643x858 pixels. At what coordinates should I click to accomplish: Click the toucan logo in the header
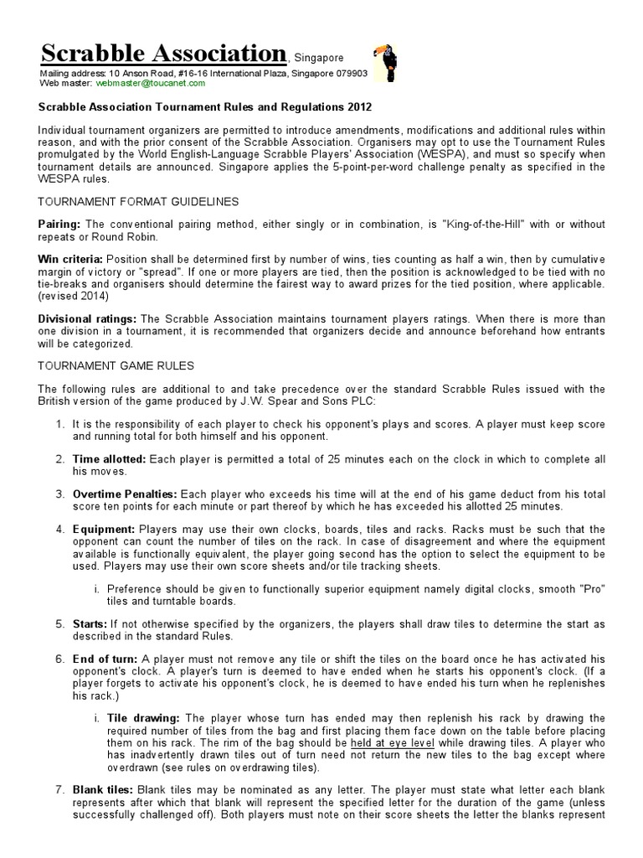coord(384,65)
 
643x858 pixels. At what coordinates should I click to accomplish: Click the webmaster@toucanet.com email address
coord(151,84)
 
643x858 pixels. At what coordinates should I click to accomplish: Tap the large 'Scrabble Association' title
coord(163,54)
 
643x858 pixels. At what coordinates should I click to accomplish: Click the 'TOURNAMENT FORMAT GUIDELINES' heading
coord(139,202)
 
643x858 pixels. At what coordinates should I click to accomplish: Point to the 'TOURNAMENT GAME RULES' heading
coord(116,365)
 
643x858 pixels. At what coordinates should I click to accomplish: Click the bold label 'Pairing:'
coord(59,225)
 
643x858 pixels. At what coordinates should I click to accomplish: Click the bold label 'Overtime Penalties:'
coord(126,495)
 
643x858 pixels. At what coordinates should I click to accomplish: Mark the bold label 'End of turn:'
coord(105,660)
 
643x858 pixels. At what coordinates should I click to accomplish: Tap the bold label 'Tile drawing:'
coord(143,719)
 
